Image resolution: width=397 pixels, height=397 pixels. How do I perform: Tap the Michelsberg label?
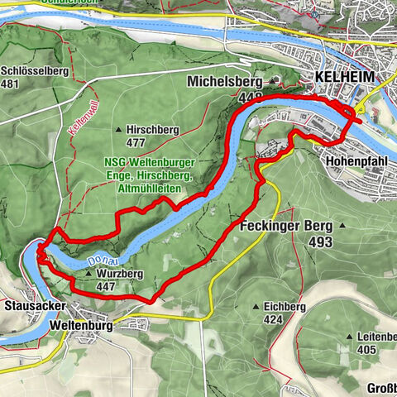tap(224, 83)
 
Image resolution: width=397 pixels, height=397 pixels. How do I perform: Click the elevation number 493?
tap(319, 242)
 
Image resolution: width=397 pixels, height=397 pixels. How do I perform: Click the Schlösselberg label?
tap(34, 71)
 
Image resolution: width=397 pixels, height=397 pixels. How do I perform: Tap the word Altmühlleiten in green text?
tap(151, 189)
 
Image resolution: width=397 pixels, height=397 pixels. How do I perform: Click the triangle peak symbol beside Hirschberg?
tap(119, 130)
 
